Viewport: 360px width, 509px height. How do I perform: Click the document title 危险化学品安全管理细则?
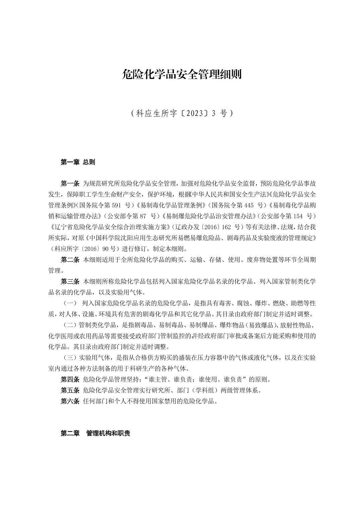click(x=182, y=74)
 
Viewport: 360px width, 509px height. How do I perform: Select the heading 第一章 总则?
click(x=78, y=162)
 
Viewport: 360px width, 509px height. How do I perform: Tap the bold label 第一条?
click(x=70, y=183)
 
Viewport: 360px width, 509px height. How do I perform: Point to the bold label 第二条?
click(x=70, y=260)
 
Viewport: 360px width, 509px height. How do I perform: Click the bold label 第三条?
click(x=70, y=281)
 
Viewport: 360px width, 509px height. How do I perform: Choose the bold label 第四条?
click(x=70, y=379)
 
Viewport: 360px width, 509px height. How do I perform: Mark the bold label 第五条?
click(x=70, y=390)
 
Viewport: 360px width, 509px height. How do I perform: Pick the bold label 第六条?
click(x=70, y=401)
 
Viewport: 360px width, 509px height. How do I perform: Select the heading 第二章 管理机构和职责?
click(x=95, y=433)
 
